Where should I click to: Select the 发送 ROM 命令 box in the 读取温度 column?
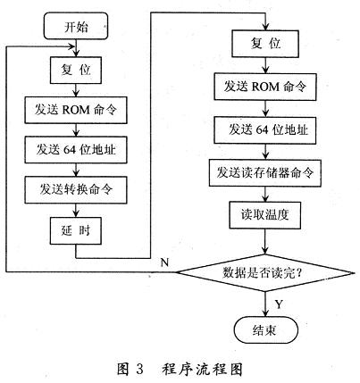(263, 87)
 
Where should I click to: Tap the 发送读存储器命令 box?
(263, 172)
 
